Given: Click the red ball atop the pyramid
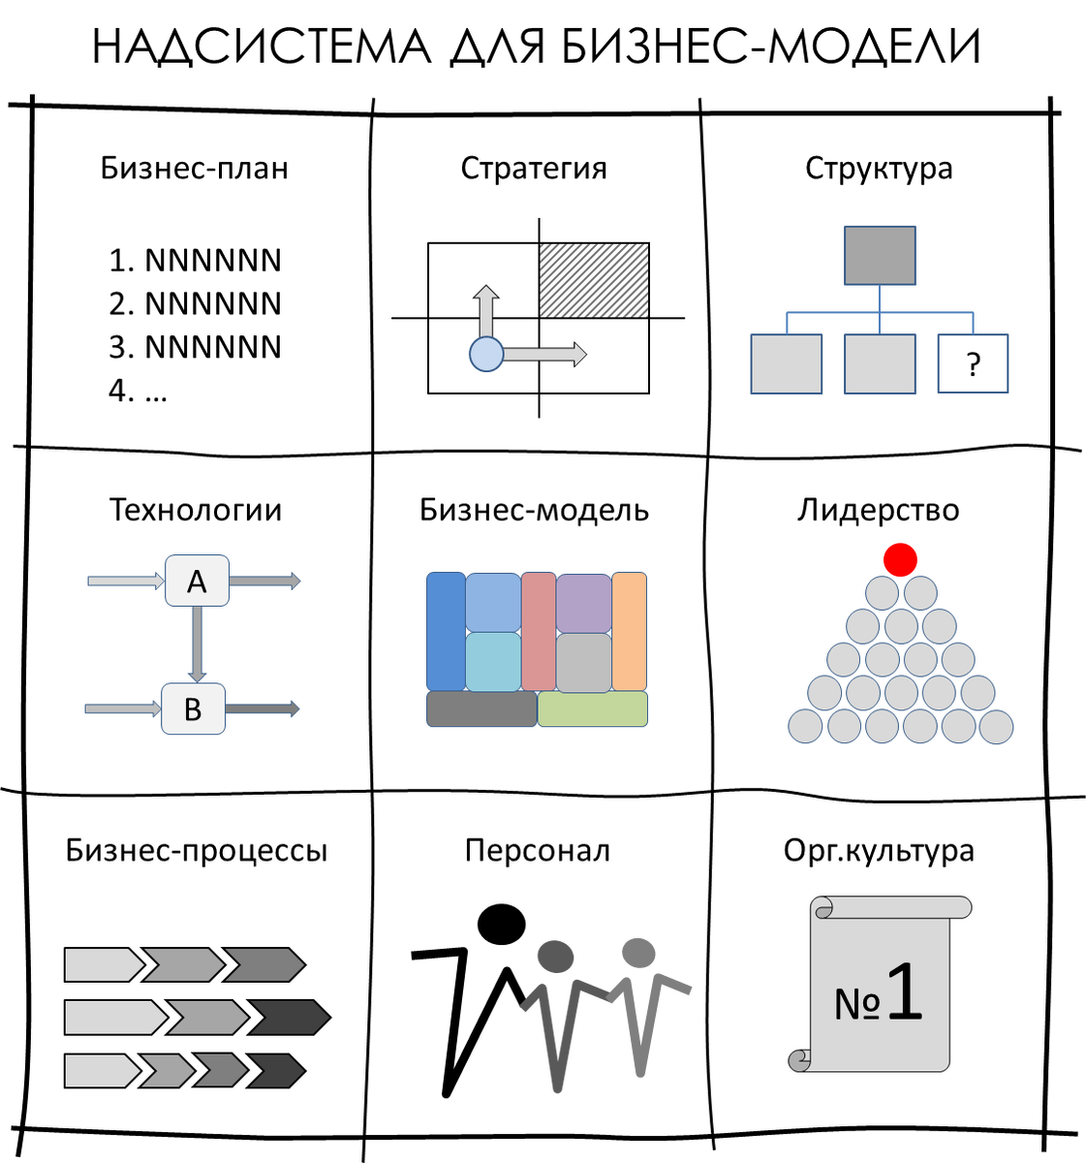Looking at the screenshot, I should (x=900, y=559).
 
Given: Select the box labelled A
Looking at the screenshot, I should (x=197, y=581).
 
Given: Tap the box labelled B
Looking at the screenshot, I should (x=193, y=709).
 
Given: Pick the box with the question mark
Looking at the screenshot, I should (x=973, y=364).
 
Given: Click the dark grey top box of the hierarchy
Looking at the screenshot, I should (x=880, y=256).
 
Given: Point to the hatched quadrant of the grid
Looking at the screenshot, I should (x=593, y=280).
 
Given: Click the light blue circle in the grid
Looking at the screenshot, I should (x=486, y=355).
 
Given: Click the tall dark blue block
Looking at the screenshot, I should (x=445, y=631).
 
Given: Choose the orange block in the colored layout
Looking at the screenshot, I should (x=630, y=631).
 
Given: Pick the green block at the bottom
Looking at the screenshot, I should (x=593, y=709).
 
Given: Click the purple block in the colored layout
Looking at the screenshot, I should (x=583, y=603).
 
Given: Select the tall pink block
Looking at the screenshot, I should (x=538, y=631).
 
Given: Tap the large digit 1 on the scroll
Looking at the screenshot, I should (x=903, y=991).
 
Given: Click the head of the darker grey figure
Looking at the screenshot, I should (x=556, y=957).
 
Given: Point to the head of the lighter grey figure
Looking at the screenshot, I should (x=638, y=953).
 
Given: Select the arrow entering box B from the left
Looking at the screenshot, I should (x=122, y=709).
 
